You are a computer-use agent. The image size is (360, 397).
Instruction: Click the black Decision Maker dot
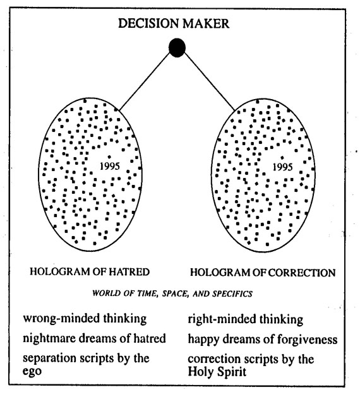point(177,47)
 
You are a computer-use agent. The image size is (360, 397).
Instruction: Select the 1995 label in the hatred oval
point(110,167)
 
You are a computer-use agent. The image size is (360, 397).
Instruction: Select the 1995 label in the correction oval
point(282,167)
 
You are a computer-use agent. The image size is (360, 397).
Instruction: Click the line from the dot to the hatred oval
point(145,81)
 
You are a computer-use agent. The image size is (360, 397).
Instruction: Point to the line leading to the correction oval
point(210,82)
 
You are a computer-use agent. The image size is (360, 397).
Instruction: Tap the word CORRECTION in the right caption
point(302,273)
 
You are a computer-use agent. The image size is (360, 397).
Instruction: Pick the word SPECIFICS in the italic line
point(232,293)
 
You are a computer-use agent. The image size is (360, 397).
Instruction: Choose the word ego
point(32,371)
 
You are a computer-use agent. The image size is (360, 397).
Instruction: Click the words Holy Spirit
point(217,372)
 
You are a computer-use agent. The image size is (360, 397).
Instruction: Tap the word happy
point(203,340)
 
